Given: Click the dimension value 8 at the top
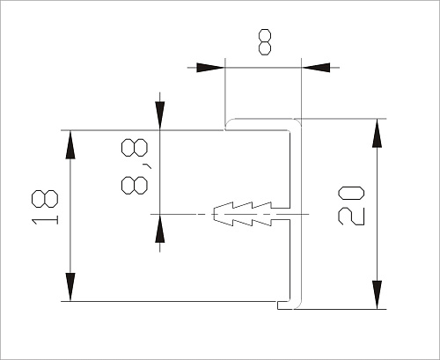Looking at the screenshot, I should click(x=265, y=40).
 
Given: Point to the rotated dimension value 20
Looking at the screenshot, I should click(x=349, y=205).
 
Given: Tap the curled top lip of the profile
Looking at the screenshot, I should click(x=229, y=123).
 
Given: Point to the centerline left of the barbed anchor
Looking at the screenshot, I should click(x=180, y=214).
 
